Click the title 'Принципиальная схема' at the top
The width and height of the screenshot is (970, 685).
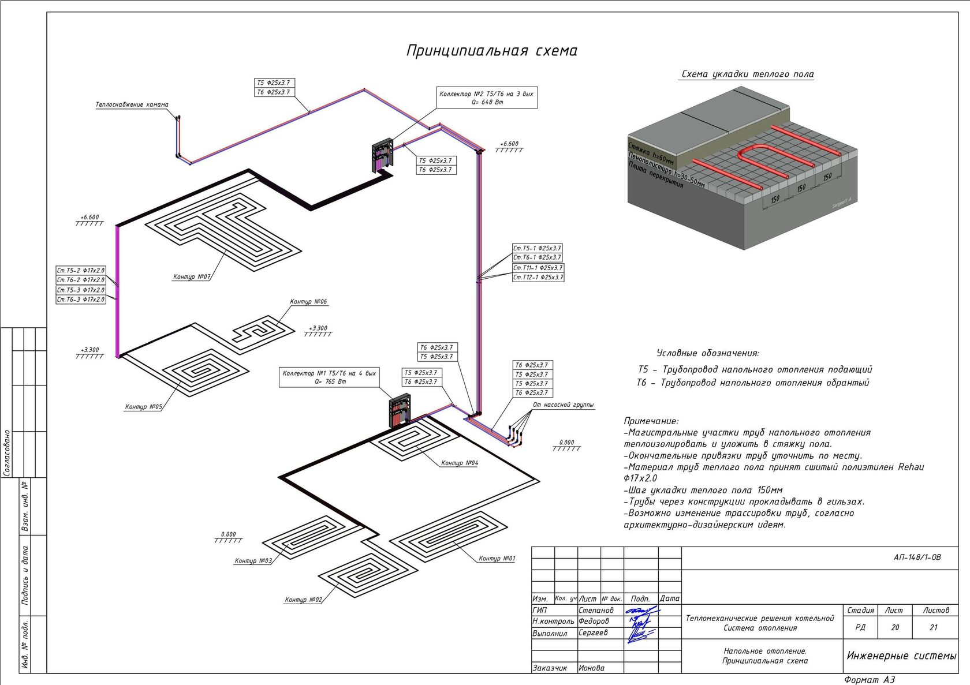pos(491,51)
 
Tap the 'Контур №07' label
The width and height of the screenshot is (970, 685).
pos(191,277)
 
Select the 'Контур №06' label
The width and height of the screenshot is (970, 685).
pos(308,302)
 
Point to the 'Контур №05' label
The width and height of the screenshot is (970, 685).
pos(143,407)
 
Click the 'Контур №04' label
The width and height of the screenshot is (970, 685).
pos(460,463)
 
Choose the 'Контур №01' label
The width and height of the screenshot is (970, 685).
pos(497,559)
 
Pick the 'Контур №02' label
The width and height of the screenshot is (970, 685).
pos(303,600)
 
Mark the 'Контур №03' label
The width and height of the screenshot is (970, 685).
pos(253,561)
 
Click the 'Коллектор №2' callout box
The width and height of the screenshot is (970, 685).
pos(487,98)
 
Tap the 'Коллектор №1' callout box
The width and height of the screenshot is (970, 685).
pos(329,377)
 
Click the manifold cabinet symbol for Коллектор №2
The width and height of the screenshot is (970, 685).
pos(382,156)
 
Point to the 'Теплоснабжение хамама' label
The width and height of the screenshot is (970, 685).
pos(132,105)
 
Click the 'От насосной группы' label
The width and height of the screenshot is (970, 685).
pos(563,405)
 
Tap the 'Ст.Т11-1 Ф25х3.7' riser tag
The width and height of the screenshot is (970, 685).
pos(538,268)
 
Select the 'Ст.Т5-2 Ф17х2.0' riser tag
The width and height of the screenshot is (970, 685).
pos(81,271)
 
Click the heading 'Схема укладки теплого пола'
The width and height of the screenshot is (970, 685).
pos(747,74)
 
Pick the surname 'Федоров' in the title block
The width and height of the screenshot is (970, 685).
pos(594,622)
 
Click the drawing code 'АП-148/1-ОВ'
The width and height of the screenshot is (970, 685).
pos(917,557)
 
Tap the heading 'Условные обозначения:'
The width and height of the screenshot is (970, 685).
pos(707,353)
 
